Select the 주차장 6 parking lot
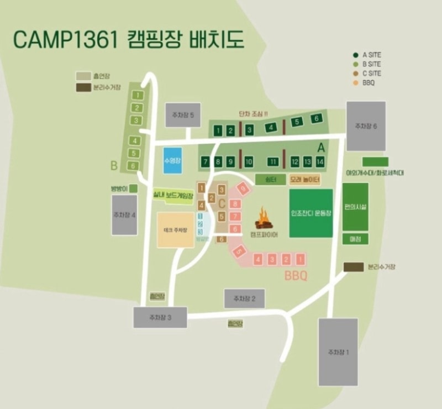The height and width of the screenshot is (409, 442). pyautogui.click(x=366, y=126)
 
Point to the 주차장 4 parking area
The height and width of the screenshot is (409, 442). pyautogui.click(x=124, y=214)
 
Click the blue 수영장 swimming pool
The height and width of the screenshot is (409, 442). pyautogui.click(x=173, y=161)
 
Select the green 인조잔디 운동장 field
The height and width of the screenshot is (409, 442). pyautogui.click(x=311, y=213)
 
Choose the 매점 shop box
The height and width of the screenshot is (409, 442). pyautogui.click(x=355, y=239)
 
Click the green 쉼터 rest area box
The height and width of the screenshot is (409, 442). pyautogui.click(x=270, y=180)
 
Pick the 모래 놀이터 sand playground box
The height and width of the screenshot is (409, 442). pyautogui.click(x=304, y=180)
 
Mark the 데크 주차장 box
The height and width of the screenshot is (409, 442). pyautogui.click(x=175, y=229)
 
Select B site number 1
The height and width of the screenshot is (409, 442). pyautogui.click(x=135, y=96)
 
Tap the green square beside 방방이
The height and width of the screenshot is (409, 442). pyautogui.click(x=133, y=188)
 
